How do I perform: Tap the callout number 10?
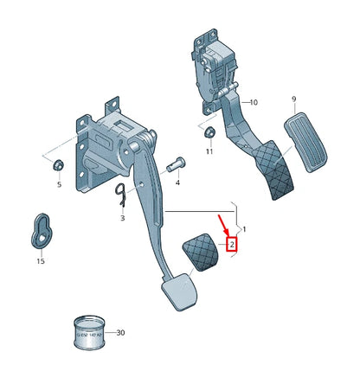pos(254,102)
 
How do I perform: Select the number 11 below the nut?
pos(209,151)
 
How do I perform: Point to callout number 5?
pos(59,184)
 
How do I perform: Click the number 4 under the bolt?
pos(177,183)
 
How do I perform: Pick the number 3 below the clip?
pos(122,219)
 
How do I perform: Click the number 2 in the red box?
pos(231,245)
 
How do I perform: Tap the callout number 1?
pos(244,229)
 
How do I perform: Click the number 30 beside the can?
pos(119,332)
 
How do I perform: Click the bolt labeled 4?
pos(178,163)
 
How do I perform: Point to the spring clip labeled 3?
pos(121,197)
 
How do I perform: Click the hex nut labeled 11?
pos(209,132)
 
